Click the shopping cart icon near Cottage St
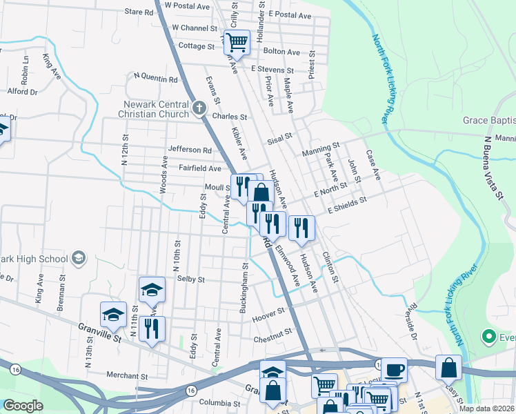[x=237, y=42]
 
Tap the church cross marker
[x=199, y=107]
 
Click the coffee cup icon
[x=394, y=370]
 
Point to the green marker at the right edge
[x=489, y=337]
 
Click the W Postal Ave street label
[x=187, y=6]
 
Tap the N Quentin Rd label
[x=155, y=78]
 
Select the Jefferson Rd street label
[x=189, y=150]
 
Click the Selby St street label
[x=191, y=279]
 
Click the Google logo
[x=23, y=406]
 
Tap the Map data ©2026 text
[x=486, y=408]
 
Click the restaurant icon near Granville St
[x=152, y=328]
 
